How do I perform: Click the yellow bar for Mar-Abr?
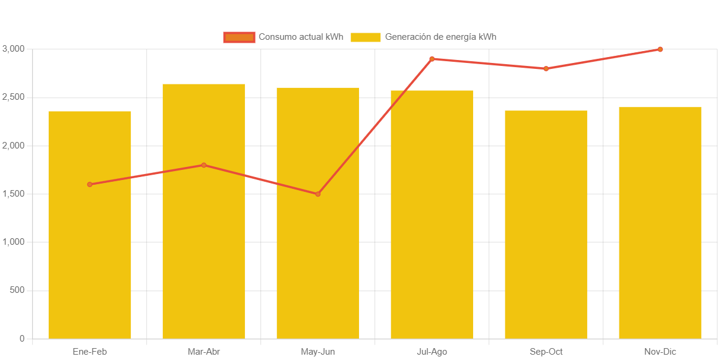(x=204, y=250)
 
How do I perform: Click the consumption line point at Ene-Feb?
(x=90, y=184)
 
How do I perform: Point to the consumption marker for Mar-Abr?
(x=204, y=165)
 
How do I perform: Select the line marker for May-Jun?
(x=318, y=194)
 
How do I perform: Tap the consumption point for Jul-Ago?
(x=432, y=59)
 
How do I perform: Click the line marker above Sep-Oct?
(x=546, y=68)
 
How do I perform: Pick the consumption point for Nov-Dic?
(x=660, y=49)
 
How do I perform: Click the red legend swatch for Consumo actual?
(x=239, y=37)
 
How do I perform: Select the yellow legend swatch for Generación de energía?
(x=366, y=37)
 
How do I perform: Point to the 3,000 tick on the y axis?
(x=13, y=49)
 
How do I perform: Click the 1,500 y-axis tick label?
(x=13, y=194)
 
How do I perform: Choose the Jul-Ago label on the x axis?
(x=432, y=352)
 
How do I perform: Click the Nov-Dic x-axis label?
(x=660, y=352)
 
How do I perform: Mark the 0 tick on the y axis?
(x=22, y=339)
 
